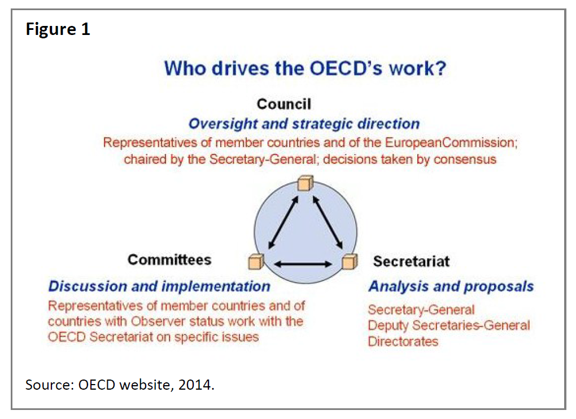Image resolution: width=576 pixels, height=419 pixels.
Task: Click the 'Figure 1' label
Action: [x=58, y=29]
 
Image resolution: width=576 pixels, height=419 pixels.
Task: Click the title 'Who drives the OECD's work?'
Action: [x=305, y=68]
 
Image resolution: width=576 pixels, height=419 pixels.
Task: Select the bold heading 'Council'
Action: [x=283, y=104]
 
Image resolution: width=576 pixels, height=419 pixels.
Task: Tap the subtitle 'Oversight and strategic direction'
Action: [x=304, y=124]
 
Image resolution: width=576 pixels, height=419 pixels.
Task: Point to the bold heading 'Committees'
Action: [x=169, y=259]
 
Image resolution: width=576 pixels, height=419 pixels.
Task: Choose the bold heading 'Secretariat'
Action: [x=411, y=261]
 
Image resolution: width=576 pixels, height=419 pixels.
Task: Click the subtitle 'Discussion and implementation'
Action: [x=159, y=286]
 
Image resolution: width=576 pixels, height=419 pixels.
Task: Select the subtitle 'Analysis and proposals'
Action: [x=451, y=286]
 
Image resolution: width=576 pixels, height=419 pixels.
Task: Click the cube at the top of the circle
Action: [x=304, y=184]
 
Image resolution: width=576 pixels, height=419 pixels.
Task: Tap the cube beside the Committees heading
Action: [x=256, y=262]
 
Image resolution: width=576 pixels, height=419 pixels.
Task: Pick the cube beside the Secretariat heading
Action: [x=350, y=262]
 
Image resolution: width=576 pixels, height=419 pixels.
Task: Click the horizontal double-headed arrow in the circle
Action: [x=303, y=263]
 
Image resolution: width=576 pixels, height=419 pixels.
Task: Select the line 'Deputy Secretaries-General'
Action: [x=449, y=325]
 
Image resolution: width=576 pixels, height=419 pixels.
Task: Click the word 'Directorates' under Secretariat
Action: [x=403, y=341]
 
